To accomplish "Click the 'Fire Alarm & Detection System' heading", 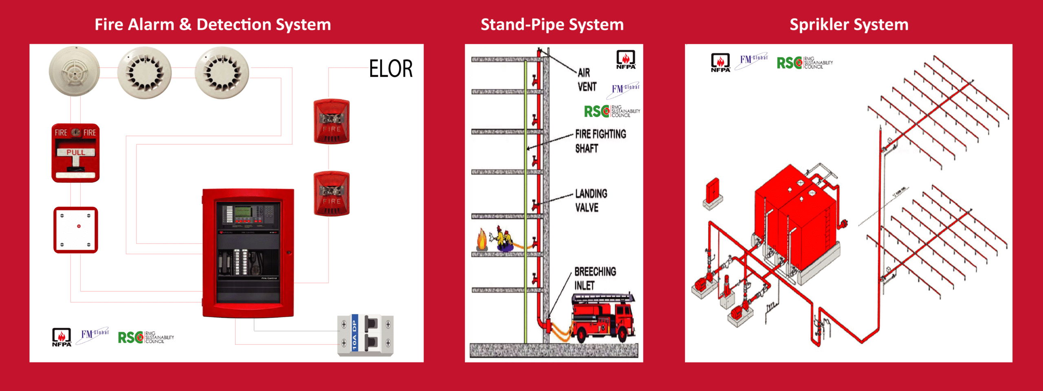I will coord(213,24).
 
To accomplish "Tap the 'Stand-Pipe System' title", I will coord(552,24).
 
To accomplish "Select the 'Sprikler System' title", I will coord(849,24).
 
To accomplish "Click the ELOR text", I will coord(391,68).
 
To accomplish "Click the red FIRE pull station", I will coord(75,153).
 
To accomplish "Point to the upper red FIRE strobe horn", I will coord(331,121).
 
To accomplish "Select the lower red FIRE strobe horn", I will coord(331,193).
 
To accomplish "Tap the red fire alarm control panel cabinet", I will coord(248,253).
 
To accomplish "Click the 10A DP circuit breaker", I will coord(365,335).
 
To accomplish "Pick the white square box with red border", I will coord(76,230).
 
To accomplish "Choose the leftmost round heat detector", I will coord(74,72).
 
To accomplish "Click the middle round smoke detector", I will coord(144,73).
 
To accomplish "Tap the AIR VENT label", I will coord(587,80).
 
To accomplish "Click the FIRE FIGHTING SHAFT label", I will coord(600,141).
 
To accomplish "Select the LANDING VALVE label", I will coord(591,200).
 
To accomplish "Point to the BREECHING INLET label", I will coord(594,278).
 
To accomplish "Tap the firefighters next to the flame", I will coord(504,240).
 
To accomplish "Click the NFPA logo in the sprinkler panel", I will coord(720,63).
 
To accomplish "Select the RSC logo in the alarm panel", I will coord(146,337).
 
